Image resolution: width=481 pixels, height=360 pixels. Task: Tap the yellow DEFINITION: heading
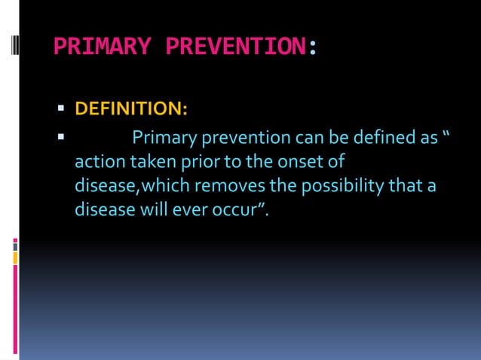[x=131, y=110]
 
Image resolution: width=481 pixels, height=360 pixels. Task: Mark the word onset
[x=299, y=162]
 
